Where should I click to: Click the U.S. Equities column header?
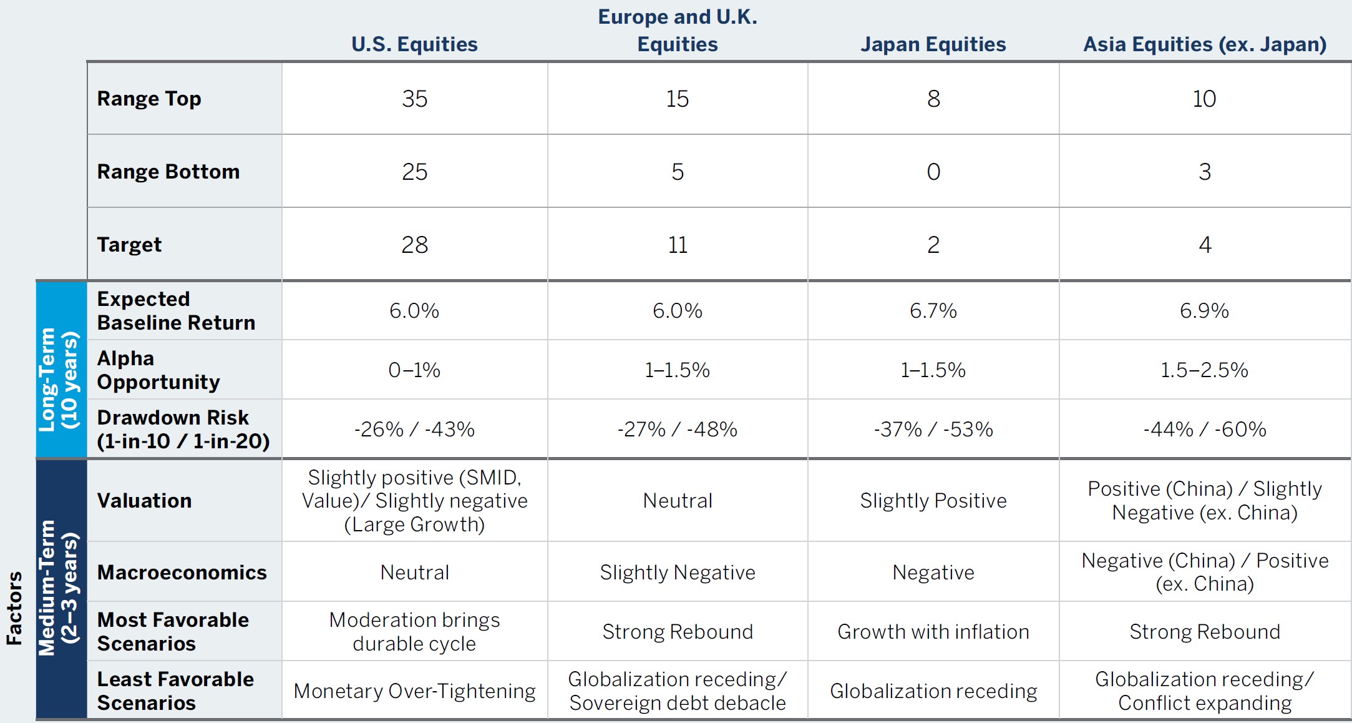click(414, 44)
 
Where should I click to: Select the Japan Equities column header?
click(933, 44)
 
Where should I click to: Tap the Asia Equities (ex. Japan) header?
click(1204, 44)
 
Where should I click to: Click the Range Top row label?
click(149, 99)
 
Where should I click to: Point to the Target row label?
click(129, 245)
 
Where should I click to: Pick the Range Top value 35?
click(414, 99)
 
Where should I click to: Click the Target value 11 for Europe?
click(678, 245)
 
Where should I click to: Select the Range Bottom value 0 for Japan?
click(933, 172)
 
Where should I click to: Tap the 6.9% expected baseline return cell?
click(1204, 310)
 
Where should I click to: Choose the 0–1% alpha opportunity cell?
click(414, 370)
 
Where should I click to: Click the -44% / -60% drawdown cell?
click(1204, 429)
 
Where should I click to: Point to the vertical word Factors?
click(14, 607)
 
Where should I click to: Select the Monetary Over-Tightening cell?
click(414, 691)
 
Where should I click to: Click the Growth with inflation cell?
click(933, 632)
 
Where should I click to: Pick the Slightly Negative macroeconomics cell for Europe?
click(678, 573)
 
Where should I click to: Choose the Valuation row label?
click(144, 501)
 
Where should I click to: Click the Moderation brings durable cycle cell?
click(414, 632)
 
